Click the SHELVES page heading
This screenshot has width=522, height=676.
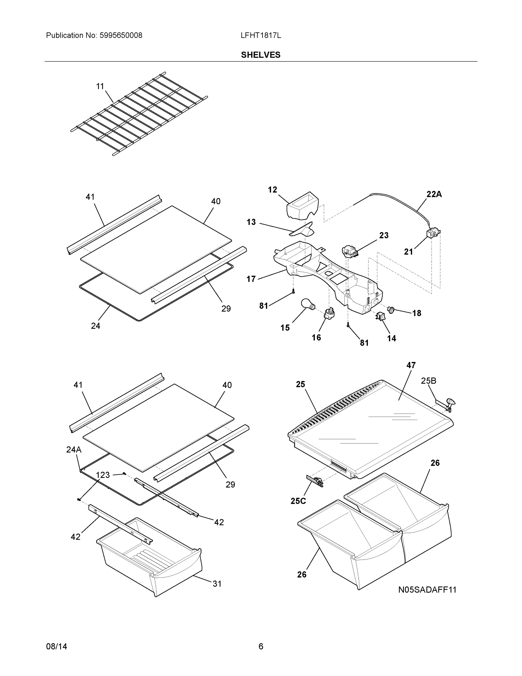coord(260,55)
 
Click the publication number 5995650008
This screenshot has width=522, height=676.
coord(121,35)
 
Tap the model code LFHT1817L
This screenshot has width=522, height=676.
coord(261,35)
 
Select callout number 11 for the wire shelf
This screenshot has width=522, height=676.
coord(100,86)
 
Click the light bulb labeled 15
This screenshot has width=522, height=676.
coord(308,305)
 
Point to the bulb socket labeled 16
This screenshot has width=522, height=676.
coord(329,313)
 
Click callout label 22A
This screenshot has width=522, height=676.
coord(434,194)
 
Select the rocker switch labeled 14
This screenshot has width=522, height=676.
coord(380,316)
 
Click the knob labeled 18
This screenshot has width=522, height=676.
coord(391,309)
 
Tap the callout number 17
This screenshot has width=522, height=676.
coord(251,279)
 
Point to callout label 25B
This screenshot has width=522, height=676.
coord(428,381)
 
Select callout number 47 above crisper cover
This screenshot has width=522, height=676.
coord(411,365)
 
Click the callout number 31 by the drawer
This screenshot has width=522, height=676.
coord(217,584)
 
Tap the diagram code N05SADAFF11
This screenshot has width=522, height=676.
coord(427,590)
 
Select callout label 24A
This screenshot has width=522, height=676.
coord(74,450)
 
